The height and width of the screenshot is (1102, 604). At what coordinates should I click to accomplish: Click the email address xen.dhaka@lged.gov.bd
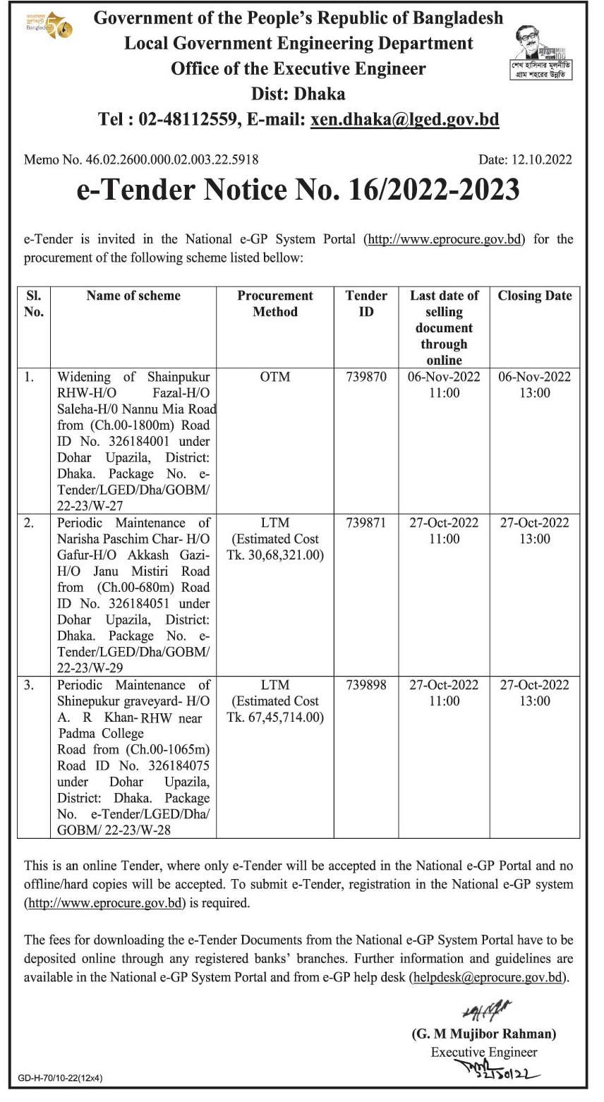[x=404, y=119]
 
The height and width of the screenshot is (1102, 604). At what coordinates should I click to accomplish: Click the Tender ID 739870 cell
[x=366, y=377]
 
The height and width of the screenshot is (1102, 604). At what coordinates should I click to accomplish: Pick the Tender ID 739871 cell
[x=366, y=523]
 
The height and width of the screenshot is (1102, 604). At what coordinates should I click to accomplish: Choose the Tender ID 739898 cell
[x=366, y=685]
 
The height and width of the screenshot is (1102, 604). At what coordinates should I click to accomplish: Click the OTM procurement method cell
[x=274, y=377]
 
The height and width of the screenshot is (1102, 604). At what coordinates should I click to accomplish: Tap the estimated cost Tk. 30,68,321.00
[x=275, y=555]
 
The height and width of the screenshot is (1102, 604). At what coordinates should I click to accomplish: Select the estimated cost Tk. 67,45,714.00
[x=275, y=717]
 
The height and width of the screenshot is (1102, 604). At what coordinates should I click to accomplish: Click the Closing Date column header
[x=534, y=296]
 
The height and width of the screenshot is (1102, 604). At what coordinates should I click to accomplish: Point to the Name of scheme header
[x=133, y=296]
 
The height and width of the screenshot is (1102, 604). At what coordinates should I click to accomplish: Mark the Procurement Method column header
[x=274, y=304]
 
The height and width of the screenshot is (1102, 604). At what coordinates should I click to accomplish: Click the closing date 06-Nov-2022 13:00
[x=534, y=385]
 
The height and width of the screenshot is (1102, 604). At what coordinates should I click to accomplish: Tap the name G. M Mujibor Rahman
[x=484, y=1034]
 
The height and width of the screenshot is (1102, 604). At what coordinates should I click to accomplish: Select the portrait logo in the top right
[x=540, y=53]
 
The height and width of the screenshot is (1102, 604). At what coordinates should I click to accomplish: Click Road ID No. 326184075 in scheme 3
[x=133, y=765]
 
